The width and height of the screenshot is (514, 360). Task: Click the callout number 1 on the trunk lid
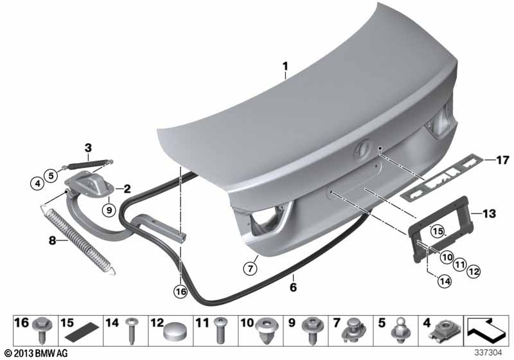tap(285, 66)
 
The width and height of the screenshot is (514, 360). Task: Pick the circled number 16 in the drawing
tap(181, 291)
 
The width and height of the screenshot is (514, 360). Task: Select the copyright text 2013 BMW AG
tap(31, 354)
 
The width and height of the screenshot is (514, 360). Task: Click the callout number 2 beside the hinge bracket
tap(127, 189)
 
